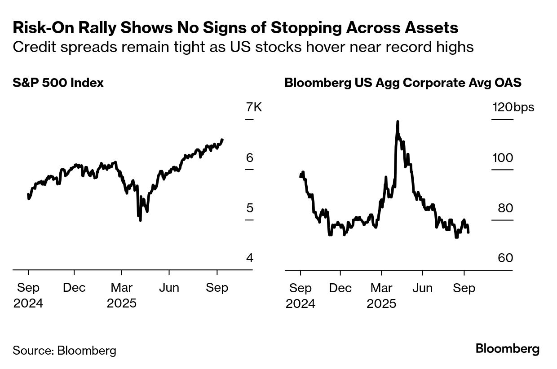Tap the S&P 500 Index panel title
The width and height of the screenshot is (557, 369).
click(x=58, y=83)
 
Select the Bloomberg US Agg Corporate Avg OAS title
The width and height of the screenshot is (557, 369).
click(x=402, y=83)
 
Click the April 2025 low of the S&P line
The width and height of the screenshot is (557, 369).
click(x=141, y=220)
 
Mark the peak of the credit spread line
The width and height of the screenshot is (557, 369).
click(x=398, y=122)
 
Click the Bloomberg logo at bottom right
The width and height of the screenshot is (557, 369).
click(x=508, y=349)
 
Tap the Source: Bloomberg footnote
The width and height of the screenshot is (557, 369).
click(x=64, y=351)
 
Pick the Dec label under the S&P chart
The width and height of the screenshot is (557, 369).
click(x=74, y=288)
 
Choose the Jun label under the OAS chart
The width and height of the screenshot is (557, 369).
click(x=422, y=288)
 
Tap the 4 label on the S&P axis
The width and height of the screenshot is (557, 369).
click(x=250, y=258)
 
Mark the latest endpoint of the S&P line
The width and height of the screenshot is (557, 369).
click(x=223, y=140)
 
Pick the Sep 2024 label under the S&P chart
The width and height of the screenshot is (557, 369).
click(x=28, y=295)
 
